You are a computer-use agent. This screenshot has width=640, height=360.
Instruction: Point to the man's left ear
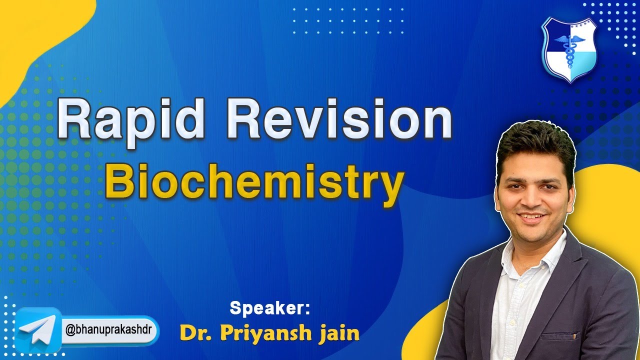570,192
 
